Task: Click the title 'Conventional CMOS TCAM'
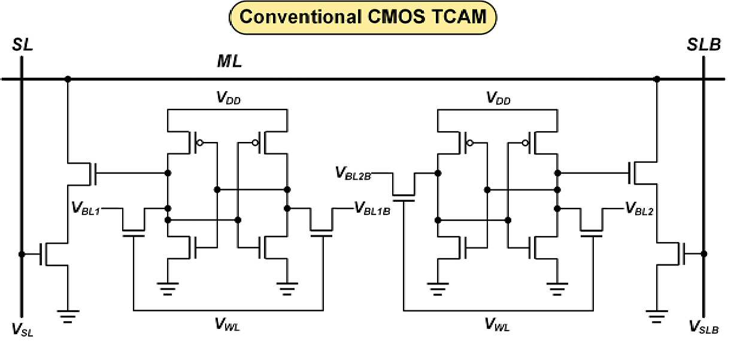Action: tap(363, 17)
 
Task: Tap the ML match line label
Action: tap(229, 61)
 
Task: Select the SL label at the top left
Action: tap(23, 45)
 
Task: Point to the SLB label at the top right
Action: tap(703, 45)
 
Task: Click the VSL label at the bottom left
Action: tap(22, 329)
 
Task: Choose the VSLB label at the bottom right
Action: tap(703, 327)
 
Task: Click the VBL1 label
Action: tap(86, 208)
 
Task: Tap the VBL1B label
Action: tap(372, 208)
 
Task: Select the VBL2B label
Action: tap(353, 173)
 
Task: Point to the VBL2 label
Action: tap(639, 208)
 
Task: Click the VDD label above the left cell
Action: tap(229, 98)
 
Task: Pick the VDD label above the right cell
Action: tap(498, 98)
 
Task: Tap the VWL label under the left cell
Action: tap(228, 324)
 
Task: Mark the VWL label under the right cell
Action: tap(497, 324)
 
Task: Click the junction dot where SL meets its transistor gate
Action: tap(22, 254)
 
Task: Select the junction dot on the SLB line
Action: tap(704, 253)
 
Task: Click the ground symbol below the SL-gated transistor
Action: tap(68, 316)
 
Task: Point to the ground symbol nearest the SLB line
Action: tap(657, 316)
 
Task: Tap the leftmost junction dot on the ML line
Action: tap(68, 79)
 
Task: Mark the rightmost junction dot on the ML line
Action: tap(657, 79)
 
